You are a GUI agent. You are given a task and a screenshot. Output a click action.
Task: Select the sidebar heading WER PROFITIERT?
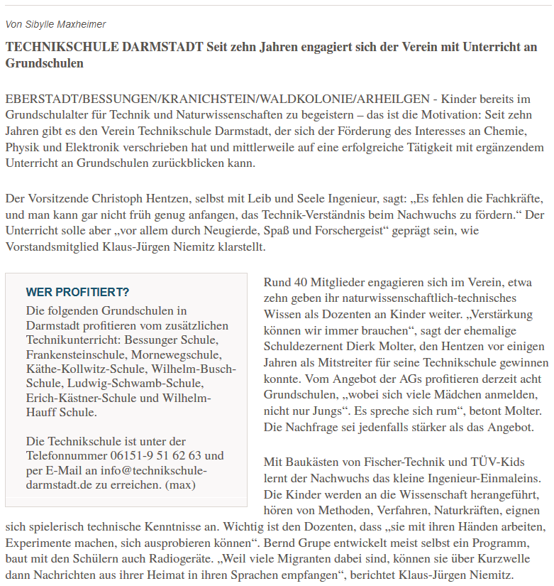pos(77,292)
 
